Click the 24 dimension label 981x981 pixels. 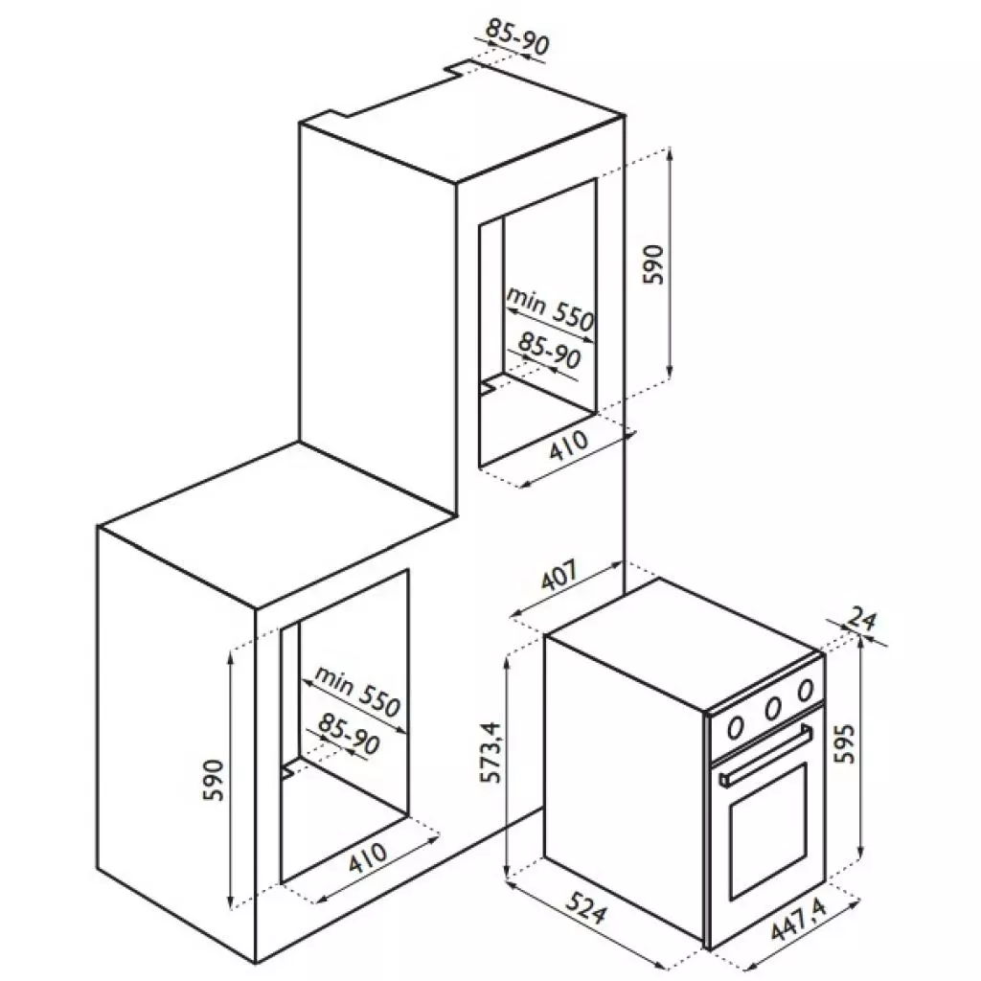tap(864, 621)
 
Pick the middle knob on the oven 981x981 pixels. tap(771, 709)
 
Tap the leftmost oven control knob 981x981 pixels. tap(736, 725)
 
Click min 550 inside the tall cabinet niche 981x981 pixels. tap(551, 308)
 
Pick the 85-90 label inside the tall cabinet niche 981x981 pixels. tap(550, 353)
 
